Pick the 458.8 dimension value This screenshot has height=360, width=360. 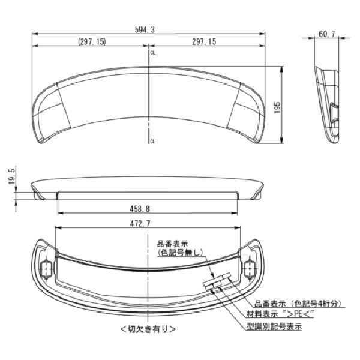point(139,208)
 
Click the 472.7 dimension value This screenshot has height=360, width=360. point(139,223)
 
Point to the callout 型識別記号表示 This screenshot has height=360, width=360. point(274,327)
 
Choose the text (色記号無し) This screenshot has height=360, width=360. point(180,253)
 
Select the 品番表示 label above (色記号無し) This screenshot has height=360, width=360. point(172,244)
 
